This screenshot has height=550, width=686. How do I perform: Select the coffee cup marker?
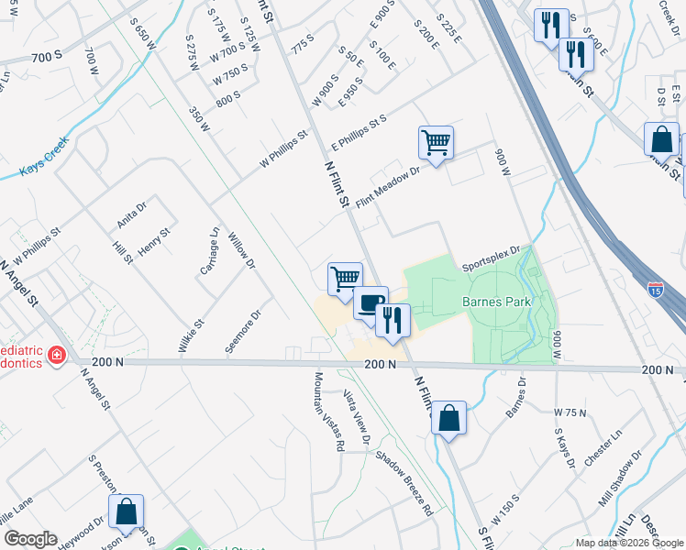pos(371,303)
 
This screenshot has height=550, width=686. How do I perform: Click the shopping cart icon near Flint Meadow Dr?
pos(436,143)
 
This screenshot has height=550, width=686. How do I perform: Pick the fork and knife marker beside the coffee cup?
pos(393,321)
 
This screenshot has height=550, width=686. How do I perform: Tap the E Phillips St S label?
pos(360,134)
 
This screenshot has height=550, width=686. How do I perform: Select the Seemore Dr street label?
pos(244,327)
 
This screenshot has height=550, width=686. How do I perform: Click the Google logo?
pos(29,539)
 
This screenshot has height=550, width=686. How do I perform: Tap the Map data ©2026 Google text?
pos(629,543)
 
